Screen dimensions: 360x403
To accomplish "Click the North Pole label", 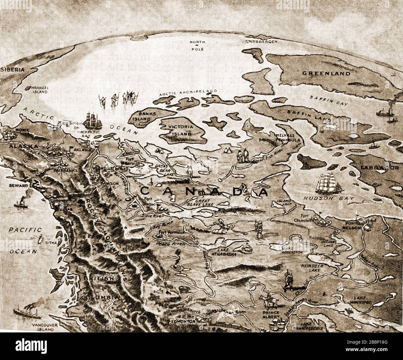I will pyautogui.click(x=197, y=44).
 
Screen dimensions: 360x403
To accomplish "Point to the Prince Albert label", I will pyautogui.click(x=270, y=315).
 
